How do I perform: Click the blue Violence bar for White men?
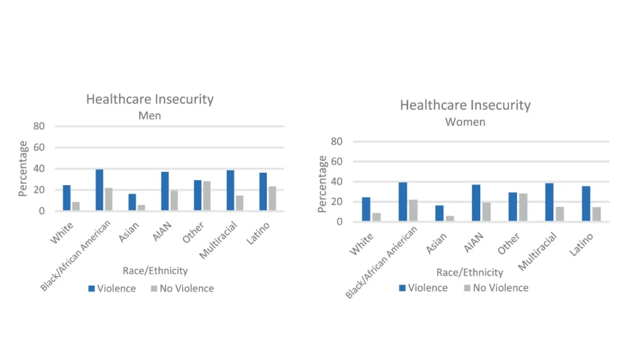pos(66,198)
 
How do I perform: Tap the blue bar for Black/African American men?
pos(99,190)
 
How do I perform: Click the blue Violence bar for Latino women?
pos(586,204)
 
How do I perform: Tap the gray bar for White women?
pos(376,217)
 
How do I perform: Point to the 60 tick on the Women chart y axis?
pos(337,161)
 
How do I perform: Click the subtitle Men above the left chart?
pos(150,115)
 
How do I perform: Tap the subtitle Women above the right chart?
pos(465,122)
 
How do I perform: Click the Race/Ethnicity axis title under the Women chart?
pos(469,272)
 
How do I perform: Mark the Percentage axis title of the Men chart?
pos(22,168)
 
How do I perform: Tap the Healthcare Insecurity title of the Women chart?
pos(465,105)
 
